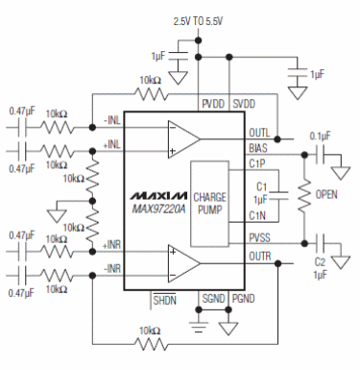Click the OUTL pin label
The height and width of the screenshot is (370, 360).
[x=258, y=134]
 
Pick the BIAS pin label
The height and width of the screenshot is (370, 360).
[x=258, y=149]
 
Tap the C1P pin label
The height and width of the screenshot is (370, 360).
[x=257, y=164]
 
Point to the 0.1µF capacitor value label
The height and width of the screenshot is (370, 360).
[x=320, y=136]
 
